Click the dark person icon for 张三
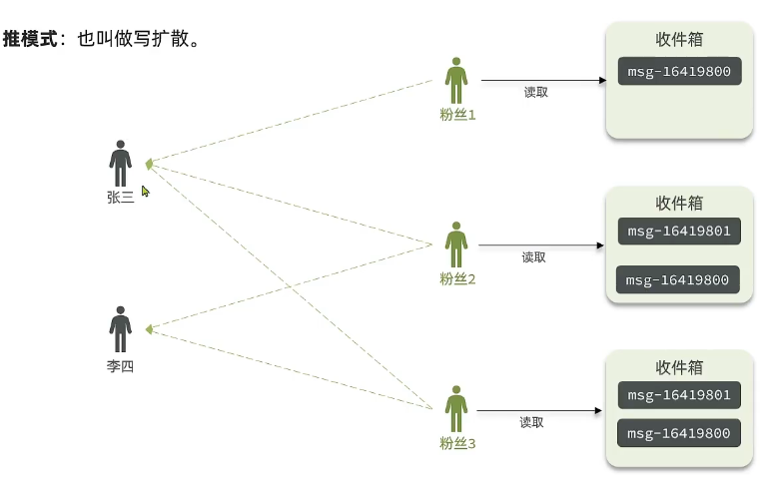[121, 163]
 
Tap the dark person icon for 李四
[121, 329]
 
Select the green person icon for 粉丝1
[456, 81]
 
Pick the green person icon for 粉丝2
[456, 245]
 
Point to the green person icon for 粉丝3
[456, 409]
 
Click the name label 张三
[121, 198]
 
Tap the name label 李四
[121, 366]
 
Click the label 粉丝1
[457, 115]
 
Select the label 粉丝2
[457, 279]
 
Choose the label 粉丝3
[457, 442]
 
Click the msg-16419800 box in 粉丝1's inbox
[678, 72]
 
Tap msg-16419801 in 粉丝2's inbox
[679, 233]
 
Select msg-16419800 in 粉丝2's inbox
[678, 280]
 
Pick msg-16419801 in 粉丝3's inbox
[679, 395]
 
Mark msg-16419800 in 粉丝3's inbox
[679, 433]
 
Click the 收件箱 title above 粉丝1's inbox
[679, 40]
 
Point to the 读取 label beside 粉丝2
[534, 257]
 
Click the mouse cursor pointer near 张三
[145, 191]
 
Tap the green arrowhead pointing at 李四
[148, 329]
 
